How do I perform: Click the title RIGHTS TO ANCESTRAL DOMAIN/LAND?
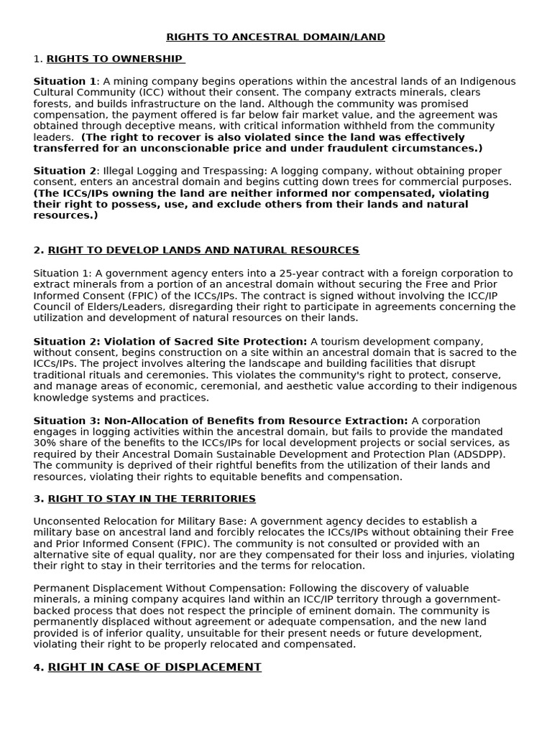[275, 37]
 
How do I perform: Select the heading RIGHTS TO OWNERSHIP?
[115, 59]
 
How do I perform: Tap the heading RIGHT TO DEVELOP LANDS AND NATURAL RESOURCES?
[203, 251]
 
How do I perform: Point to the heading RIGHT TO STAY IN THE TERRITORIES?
[152, 499]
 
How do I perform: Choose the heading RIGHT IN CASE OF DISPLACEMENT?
[155, 668]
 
